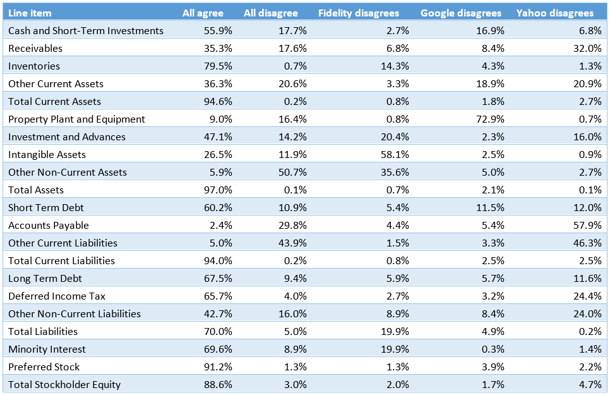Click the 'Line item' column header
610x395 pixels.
[30, 13]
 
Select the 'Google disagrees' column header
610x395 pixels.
[460, 13]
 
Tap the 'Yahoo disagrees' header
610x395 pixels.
[554, 13]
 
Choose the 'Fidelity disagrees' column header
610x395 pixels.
[358, 13]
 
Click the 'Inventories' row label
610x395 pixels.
[34, 66]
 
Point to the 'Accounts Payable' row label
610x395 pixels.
[49, 226]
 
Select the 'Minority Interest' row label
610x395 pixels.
[47, 349]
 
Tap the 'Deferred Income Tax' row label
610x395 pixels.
[57, 296]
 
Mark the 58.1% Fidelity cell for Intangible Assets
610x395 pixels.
[395, 155]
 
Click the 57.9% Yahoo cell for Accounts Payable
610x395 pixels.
[588, 226]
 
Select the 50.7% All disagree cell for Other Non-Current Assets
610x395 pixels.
[294, 173]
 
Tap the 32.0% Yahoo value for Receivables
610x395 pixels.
[588, 49]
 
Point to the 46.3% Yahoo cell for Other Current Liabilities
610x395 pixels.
[588, 243]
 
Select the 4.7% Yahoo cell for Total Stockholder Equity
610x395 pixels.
[590, 385]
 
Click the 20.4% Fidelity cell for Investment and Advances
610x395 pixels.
[395, 137]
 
